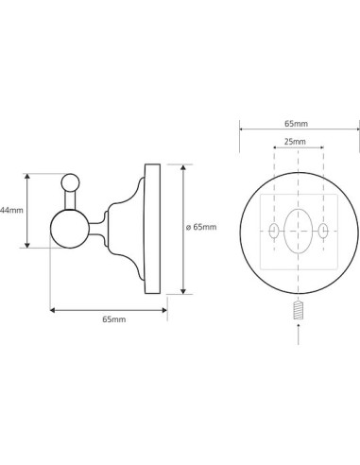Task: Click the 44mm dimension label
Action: tap(11, 210)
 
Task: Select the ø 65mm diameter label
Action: tap(201, 227)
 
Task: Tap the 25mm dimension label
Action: tap(295, 142)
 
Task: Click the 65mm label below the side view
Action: tap(114, 319)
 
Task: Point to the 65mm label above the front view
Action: tap(296, 124)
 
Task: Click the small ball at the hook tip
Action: tap(71, 182)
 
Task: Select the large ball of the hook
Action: tap(70, 229)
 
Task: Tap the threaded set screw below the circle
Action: tap(298, 310)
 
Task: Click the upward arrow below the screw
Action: tap(298, 334)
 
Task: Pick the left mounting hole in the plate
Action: tap(274, 231)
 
